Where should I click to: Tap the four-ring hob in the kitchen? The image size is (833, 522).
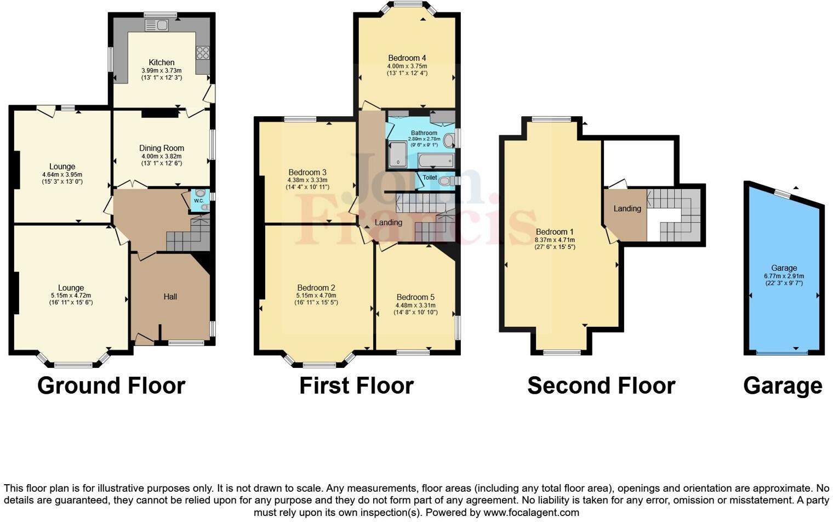pos(202,53)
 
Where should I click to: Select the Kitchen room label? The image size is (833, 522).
pos(162,63)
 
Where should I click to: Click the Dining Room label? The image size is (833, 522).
pos(162,148)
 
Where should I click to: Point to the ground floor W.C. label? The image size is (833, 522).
pos(198,201)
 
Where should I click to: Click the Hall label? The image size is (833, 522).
pos(170,297)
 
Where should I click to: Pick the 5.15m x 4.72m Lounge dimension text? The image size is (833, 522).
pos(71,296)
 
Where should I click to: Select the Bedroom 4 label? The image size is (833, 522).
pos(407,58)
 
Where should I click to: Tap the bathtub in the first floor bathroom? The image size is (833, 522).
pos(436,161)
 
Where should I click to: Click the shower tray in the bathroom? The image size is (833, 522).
pos(397,154)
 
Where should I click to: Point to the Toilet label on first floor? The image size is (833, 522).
pos(430,178)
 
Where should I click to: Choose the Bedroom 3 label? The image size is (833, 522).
pos(307,172)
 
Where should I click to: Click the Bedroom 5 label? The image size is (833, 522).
pos(415,297)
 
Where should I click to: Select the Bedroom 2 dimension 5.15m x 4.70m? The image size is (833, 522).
pos(316,296)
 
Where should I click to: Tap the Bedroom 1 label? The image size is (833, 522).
pos(555,232)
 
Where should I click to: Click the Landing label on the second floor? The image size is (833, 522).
pos(627,209)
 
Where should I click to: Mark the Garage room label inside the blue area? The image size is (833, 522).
pos(784,269)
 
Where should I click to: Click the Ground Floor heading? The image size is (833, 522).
pos(111,385)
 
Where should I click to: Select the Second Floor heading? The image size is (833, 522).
pos(601,385)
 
